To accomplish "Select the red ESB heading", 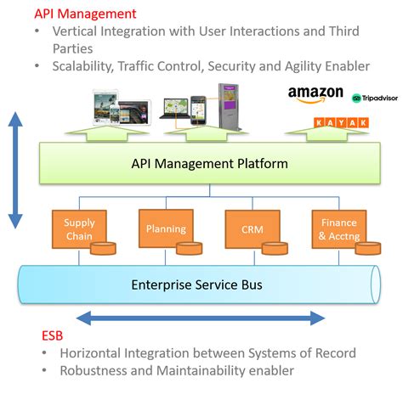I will tap(53, 335).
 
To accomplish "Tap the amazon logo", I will tap(315, 93).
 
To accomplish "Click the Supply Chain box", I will tap(80, 228).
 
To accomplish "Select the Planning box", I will tap(165, 228).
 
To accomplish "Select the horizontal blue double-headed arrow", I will tap(201, 318).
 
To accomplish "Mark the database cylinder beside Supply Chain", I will tap(103, 249).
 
